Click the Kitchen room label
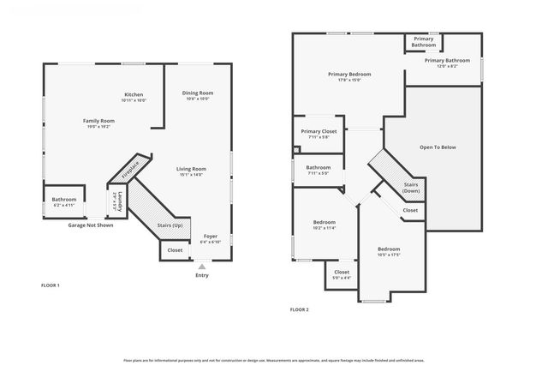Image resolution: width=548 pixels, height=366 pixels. tap(134, 94)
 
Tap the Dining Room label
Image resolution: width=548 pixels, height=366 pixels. tap(198, 93)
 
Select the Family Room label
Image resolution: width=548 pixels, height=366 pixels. tap(98, 121)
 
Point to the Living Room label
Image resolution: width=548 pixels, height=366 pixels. tap(191, 169)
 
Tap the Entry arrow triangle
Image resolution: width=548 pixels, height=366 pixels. tap(202, 267)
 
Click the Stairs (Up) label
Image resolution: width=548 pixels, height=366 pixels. tap(170, 225)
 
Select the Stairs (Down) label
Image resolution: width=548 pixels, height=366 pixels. tap(411, 187)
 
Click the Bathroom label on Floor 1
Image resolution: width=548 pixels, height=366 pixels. tap(64, 200)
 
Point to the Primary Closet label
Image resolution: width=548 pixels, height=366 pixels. tap(319, 131)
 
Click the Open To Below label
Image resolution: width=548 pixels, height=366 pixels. tap(438, 147)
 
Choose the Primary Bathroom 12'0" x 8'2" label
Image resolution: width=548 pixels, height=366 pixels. tap(446, 61)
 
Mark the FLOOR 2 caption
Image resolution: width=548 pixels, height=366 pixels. tap(299, 309)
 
